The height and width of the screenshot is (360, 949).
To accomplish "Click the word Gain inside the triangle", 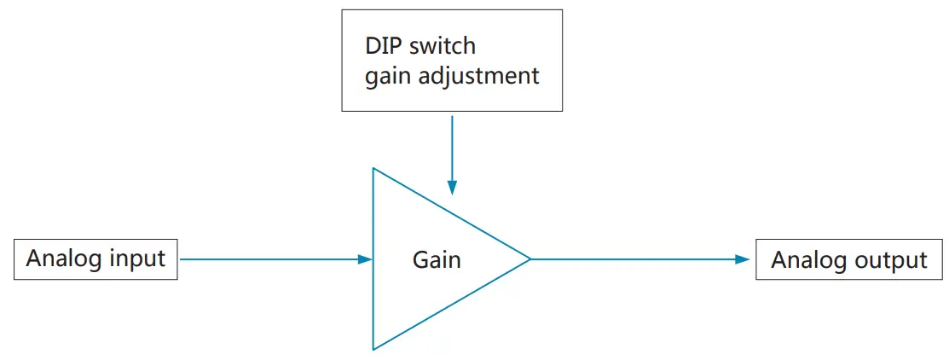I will pos(437,259).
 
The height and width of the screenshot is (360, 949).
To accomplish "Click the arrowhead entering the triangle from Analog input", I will pos(366,259).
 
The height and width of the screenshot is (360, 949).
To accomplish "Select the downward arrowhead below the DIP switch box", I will pos(452,188).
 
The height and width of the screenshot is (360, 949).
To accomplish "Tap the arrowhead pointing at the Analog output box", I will pos(743,259).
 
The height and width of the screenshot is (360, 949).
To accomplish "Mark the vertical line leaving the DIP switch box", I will pos(452,145).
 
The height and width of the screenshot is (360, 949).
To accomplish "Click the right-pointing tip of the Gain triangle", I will pos(530,259).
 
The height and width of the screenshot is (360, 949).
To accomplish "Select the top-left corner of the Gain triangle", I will pos(373,168).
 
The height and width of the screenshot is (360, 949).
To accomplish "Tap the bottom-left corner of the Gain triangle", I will pos(373,349).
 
